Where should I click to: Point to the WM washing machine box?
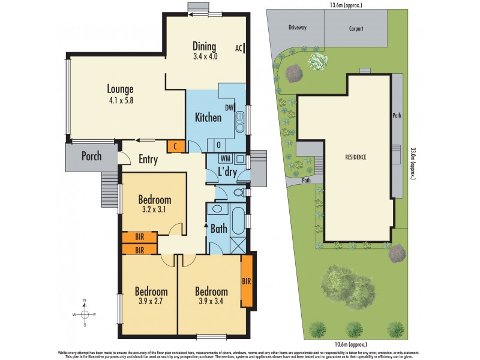[x=226, y=158]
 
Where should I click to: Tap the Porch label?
[x=91, y=157]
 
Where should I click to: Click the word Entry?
[x=148, y=159]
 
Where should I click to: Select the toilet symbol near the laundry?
[x=239, y=193]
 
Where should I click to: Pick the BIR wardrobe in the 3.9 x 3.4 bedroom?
[x=246, y=280]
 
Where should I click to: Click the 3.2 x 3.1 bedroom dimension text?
[x=155, y=211]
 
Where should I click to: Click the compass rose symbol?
[x=85, y=313]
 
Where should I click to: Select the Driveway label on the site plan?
[x=298, y=28]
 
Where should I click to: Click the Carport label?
[x=356, y=28]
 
